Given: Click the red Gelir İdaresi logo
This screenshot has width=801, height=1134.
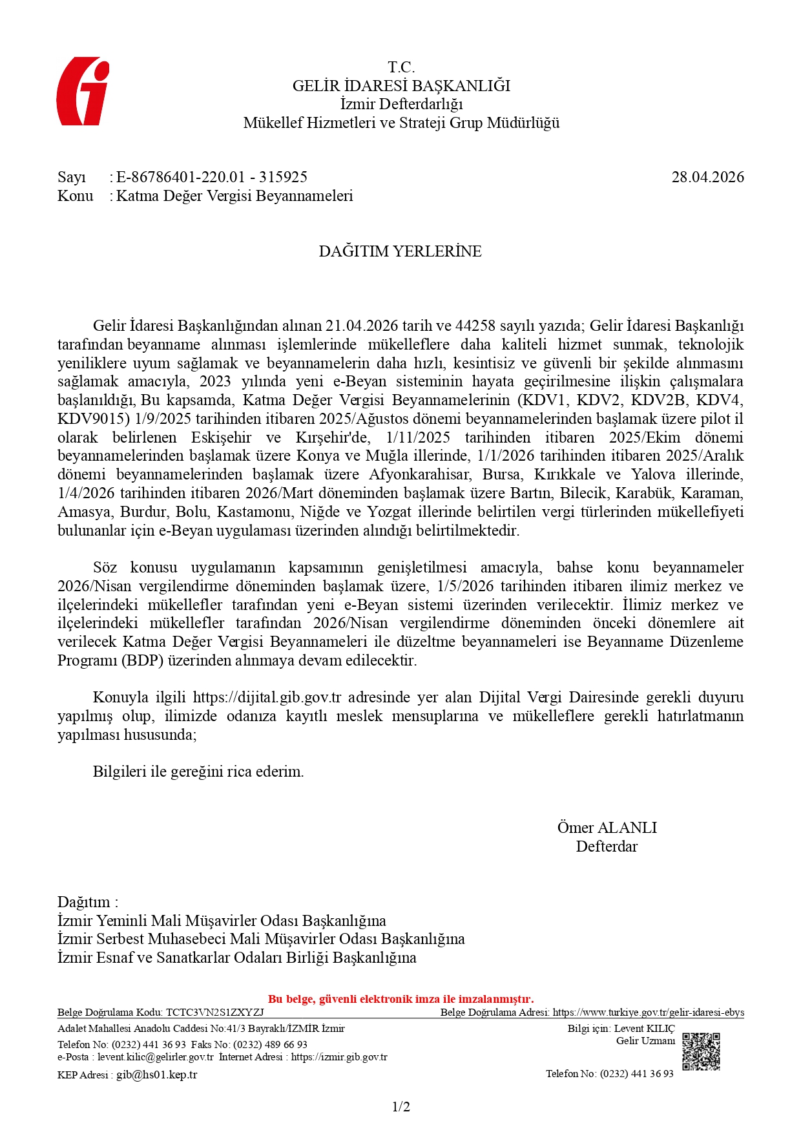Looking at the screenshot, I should point(82,91).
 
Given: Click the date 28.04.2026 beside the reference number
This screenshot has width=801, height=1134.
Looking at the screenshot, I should point(707,177).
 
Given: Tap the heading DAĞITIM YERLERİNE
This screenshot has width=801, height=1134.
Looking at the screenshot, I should point(400,251).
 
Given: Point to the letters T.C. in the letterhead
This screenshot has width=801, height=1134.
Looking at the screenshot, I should point(401,67).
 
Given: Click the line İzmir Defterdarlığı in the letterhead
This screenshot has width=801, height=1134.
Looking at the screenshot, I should point(401,104).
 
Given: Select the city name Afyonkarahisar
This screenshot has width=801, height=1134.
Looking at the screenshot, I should point(419,474).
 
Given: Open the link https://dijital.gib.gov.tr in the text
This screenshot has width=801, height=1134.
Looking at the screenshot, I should point(267,697).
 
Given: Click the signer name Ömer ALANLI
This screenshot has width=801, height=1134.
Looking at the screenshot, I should point(607,828).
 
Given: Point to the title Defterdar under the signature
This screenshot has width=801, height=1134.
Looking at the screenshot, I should point(607,846).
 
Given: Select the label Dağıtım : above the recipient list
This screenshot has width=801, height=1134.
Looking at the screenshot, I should point(88,902).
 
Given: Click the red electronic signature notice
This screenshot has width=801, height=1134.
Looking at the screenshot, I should point(400,999).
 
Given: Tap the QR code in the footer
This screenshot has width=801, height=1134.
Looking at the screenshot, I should point(701,1051).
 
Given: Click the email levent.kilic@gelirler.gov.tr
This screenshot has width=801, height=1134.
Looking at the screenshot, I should point(156,1057).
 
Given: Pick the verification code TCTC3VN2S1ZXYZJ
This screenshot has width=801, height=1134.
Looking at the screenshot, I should point(215,1013).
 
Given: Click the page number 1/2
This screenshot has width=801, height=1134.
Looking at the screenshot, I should point(400,1107).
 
